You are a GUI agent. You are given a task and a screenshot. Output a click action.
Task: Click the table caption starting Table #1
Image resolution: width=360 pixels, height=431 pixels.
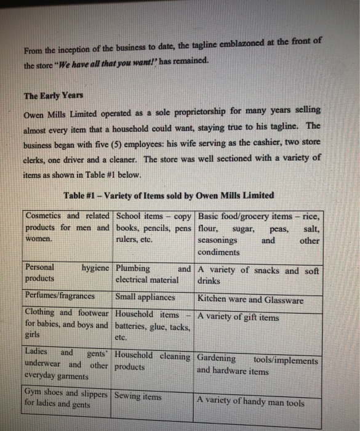point(169,196)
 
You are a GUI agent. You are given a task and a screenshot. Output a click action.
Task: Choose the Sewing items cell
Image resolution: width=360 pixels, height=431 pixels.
point(138,397)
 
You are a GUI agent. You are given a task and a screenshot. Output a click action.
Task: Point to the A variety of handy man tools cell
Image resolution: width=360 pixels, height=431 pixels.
point(251,402)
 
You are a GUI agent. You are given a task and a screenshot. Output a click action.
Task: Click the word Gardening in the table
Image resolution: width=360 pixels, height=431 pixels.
point(217,358)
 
